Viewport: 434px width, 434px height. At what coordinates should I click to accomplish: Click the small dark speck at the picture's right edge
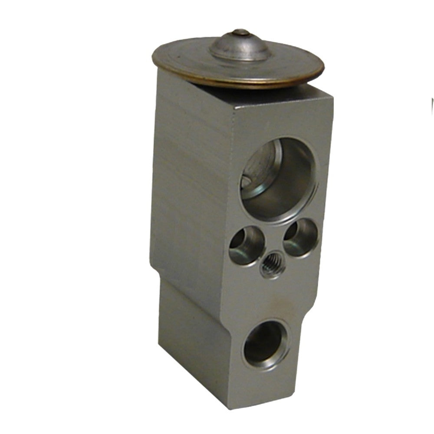[432, 104]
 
